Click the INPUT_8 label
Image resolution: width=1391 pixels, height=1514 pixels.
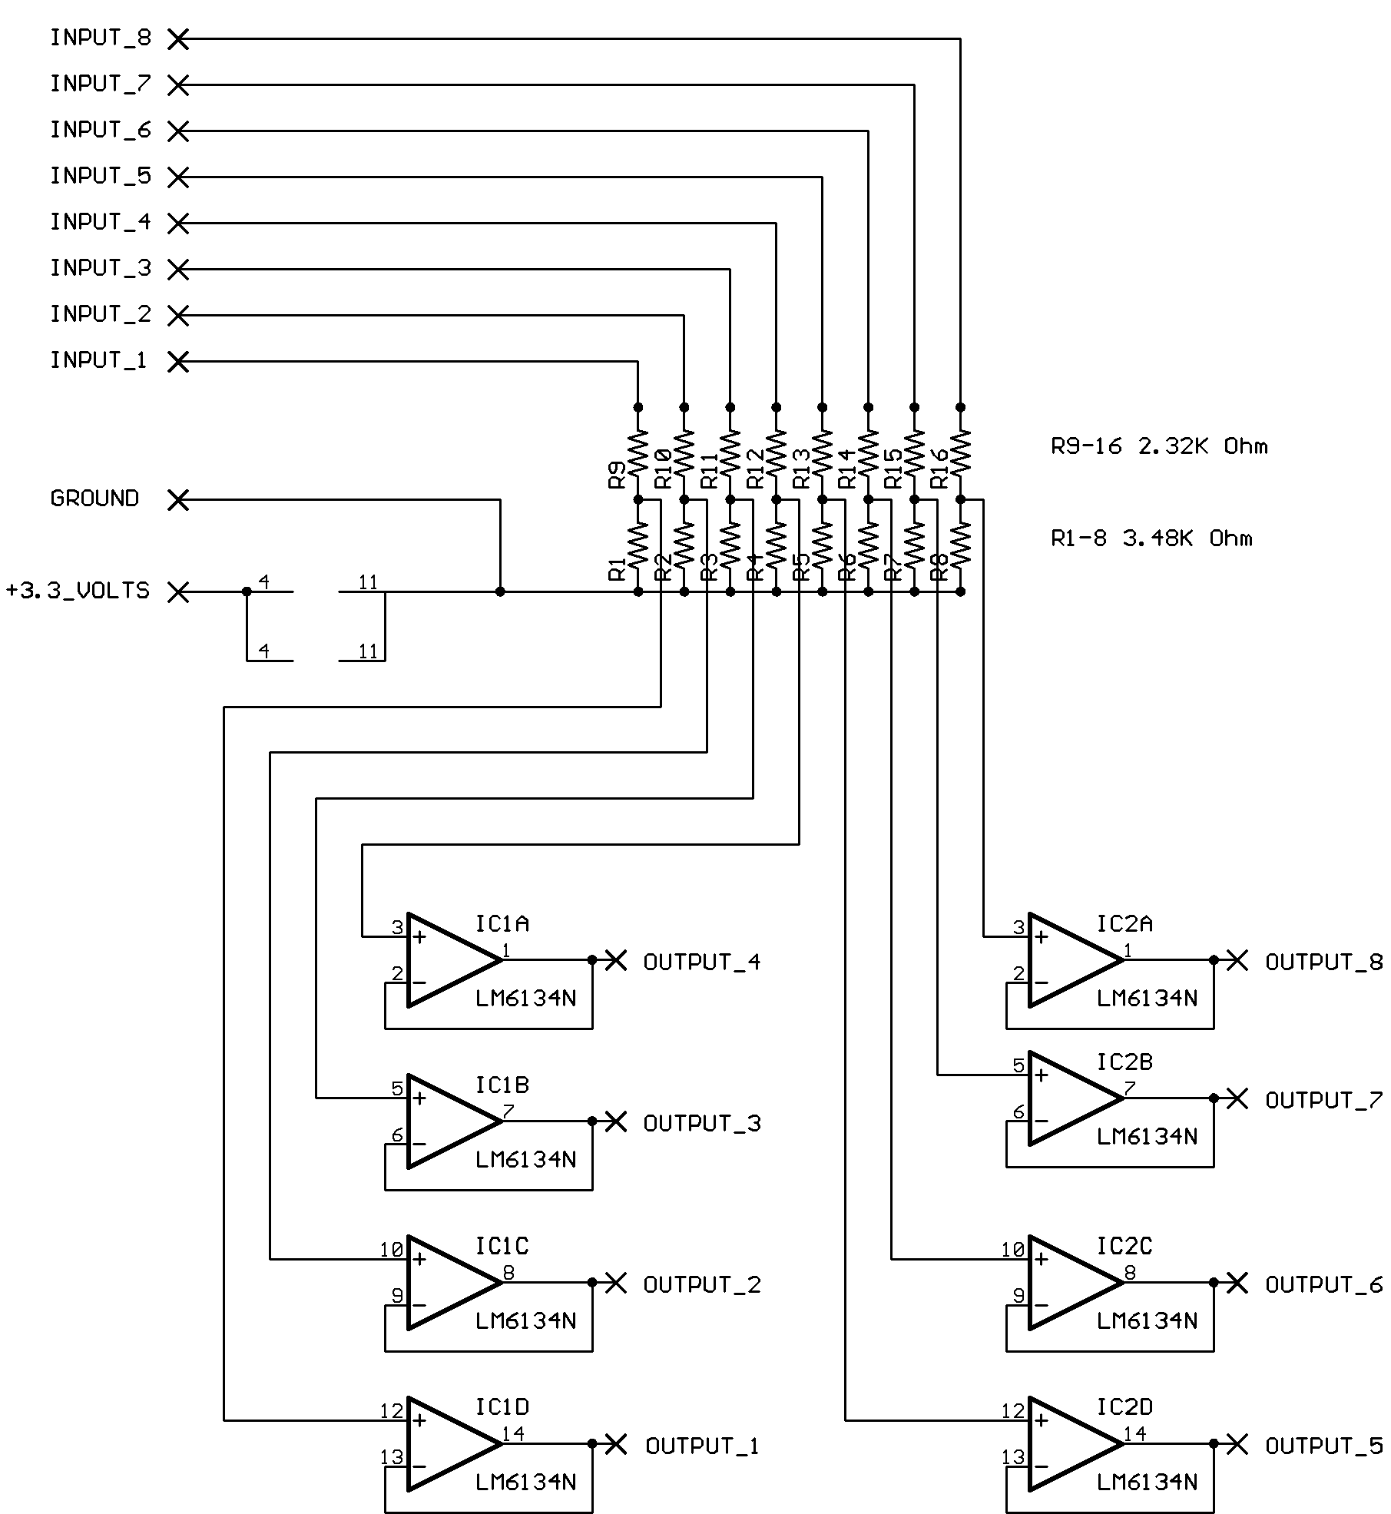(101, 38)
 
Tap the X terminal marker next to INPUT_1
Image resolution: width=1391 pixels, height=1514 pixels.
(178, 362)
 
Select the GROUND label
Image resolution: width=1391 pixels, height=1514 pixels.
(94, 499)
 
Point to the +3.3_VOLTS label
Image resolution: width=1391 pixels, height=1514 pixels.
(78, 591)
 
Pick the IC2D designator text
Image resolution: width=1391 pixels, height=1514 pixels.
(1124, 1407)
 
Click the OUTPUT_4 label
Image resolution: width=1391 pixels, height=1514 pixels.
(701, 962)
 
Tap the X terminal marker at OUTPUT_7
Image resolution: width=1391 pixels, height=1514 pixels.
(1237, 1098)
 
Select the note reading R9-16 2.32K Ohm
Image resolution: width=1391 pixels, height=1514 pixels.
(1159, 446)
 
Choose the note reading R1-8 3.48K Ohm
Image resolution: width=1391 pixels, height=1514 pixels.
(1151, 538)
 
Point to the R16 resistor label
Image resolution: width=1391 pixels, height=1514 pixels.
(939, 469)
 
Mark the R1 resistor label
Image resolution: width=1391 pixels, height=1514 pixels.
(617, 569)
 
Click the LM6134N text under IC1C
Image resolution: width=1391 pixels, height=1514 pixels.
(525, 1320)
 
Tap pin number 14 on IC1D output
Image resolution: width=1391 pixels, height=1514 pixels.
(513, 1433)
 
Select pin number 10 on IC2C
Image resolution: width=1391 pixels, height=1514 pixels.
(1012, 1250)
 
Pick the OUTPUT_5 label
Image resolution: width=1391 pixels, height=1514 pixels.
(1323, 1446)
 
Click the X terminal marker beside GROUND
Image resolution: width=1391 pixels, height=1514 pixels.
(178, 500)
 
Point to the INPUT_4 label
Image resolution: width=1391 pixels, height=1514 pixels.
(101, 222)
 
